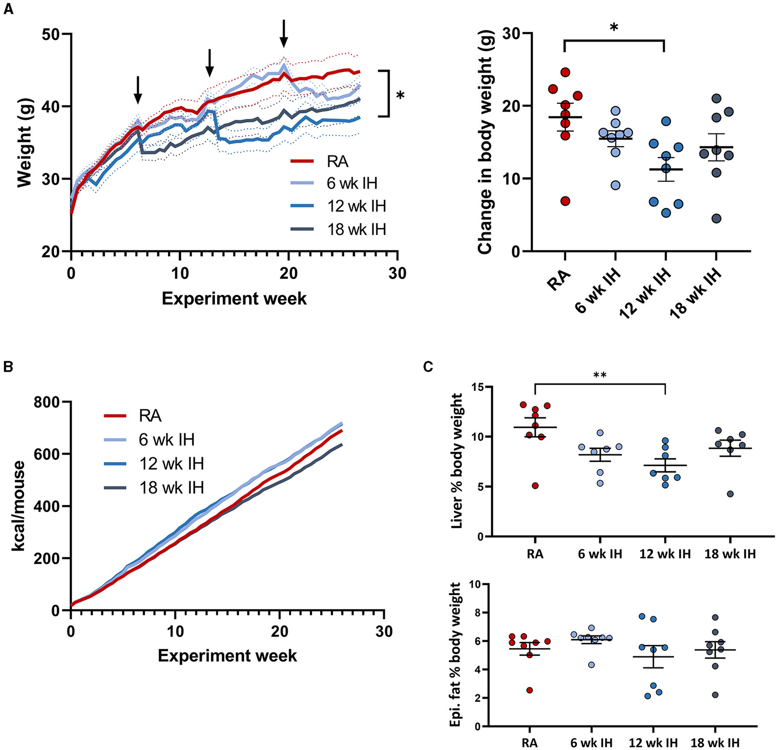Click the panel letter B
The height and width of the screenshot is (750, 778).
(8, 367)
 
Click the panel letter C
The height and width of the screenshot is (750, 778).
(428, 367)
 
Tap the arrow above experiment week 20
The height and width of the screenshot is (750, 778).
(284, 33)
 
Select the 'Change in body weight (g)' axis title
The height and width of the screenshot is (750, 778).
(486, 142)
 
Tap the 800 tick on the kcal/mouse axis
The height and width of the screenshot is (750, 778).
(48, 402)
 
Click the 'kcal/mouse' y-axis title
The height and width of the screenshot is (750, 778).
(18, 506)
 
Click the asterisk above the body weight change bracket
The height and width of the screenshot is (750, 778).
(614, 28)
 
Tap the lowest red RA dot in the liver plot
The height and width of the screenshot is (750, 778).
(535, 486)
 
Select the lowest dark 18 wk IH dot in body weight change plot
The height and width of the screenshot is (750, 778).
(716, 218)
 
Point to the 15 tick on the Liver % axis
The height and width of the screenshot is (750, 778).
(476, 386)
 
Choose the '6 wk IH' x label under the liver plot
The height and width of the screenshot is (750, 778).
(600, 554)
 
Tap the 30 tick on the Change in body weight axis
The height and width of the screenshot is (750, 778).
(511, 34)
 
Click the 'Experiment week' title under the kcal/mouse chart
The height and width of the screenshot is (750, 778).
(227, 655)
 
